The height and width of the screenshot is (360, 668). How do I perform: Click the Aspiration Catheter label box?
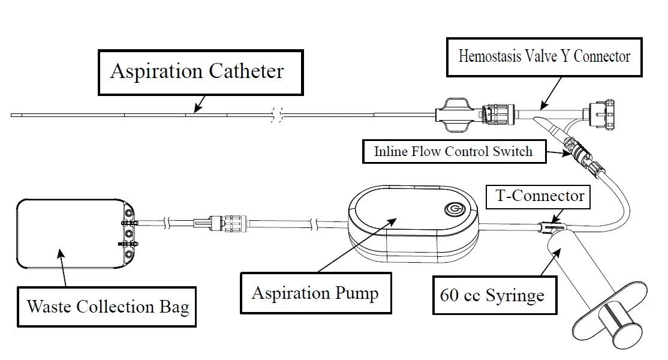[x=201, y=73]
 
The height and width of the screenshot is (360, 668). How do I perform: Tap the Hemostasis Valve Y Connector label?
[x=544, y=57]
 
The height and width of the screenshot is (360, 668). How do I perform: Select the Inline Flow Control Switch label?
[x=454, y=152]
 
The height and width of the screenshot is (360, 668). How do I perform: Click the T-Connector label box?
[x=538, y=196]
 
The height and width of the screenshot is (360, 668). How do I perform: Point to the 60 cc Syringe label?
[x=495, y=295]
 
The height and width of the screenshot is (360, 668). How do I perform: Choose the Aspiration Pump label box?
[x=315, y=293]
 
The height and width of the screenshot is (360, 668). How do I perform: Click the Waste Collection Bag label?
[x=107, y=307]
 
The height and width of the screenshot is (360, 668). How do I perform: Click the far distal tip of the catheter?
[x=12, y=115]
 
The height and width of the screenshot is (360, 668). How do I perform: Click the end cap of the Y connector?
[x=601, y=114]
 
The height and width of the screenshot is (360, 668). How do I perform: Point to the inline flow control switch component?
[x=577, y=154]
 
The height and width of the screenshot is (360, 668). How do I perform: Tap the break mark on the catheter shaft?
[x=277, y=115]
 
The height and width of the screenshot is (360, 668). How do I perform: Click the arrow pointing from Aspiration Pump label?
[x=357, y=245]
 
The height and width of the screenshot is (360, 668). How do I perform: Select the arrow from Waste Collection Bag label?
[x=62, y=268]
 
